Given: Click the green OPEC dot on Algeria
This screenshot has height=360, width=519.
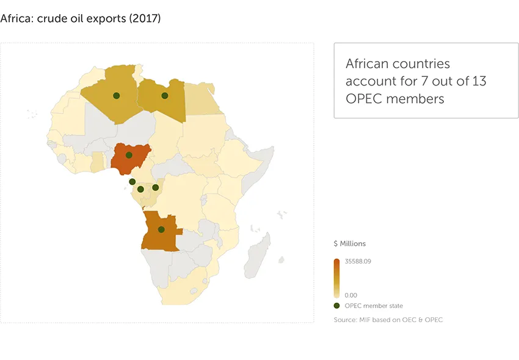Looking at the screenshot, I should tap(115, 96).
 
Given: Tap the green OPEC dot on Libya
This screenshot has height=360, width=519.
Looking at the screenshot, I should tap(164, 96).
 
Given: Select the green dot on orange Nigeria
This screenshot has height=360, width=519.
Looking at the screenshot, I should tap(129, 155).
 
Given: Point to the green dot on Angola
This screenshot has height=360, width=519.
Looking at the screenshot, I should tap(161, 229).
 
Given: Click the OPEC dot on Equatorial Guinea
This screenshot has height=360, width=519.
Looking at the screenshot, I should tap(132, 182).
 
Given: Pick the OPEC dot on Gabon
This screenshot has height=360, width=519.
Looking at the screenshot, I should tap(140, 189).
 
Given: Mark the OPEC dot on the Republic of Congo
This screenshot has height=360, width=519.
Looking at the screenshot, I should tap(155, 187).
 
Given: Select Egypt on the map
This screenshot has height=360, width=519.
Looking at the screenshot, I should tap(203, 99).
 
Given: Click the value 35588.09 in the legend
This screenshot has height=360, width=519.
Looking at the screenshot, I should tap(358, 262).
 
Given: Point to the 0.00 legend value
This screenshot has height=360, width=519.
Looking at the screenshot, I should tap(350, 295).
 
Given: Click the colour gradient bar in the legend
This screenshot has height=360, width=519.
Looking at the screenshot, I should tap(337, 278).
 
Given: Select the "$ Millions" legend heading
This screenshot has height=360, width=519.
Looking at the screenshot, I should tap(350, 243).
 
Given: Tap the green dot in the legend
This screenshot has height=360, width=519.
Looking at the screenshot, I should tap(337, 306).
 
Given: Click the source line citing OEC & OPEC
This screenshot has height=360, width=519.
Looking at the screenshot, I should tap(388, 320).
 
